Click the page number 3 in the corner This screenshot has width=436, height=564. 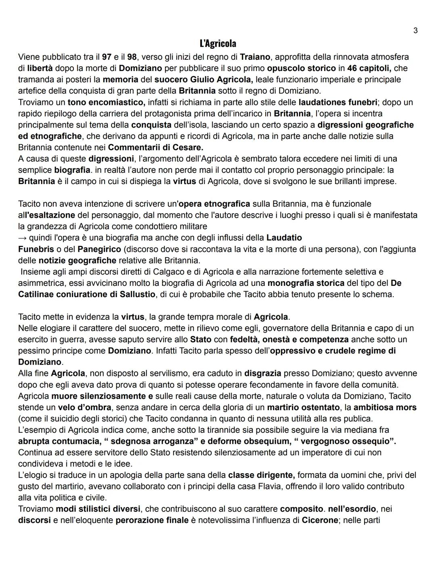pyautogui.click(x=415, y=30)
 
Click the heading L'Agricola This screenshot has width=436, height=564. pyautogui.click(x=218, y=43)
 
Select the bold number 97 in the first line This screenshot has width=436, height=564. pyautogui.click(x=107, y=57)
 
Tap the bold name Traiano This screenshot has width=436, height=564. pyautogui.click(x=256, y=57)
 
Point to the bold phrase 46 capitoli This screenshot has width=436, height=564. pyautogui.click(x=369, y=68)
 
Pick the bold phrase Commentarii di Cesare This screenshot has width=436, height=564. pyautogui.click(x=155, y=147)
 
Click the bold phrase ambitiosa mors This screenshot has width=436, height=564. pyautogui.click(x=385, y=407)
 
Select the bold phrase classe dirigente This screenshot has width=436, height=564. pyautogui.click(x=261, y=475)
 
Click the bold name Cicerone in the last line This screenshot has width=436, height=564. pyautogui.click(x=319, y=520)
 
